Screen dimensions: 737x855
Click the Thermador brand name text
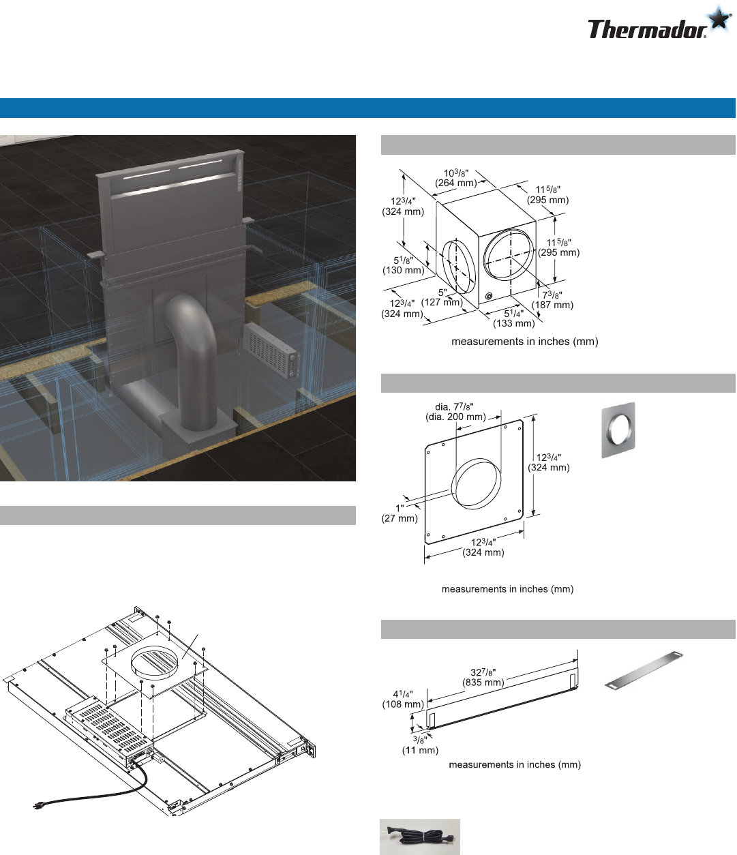pyautogui.click(x=647, y=29)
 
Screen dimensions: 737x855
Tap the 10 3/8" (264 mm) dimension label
pyautogui.click(x=455, y=178)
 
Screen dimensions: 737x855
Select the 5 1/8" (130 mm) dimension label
pyautogui.click(x=403, y=265)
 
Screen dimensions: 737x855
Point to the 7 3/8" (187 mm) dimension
pyautogui.click(x=552, y=300)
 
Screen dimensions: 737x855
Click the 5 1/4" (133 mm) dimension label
pyautogui.click(x=513, y=318)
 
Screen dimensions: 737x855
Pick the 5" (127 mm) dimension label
pyautogui.click(x=442, y=297)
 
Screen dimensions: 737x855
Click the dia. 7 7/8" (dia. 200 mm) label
pyautogui.click(x=455, y=412)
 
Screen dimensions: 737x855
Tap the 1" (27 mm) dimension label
pyautogui.click(x=400, y=513)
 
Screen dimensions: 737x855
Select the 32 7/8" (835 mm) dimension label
pyautogui.click(x=483, y=677)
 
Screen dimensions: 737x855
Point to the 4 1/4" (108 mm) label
pyautogui.click(x=403, y=699)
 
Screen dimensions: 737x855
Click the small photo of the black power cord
pyautogui.click(x=420, y=837)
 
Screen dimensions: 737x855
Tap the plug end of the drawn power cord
pyautogui.click(x=39, y=805)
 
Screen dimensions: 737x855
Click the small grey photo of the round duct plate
pyautogui.click(x=618, y=430)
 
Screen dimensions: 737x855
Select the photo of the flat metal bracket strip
pyautogui.click(x=644, y=671)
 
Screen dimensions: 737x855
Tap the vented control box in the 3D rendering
pyautogui.click(x=271, y=350)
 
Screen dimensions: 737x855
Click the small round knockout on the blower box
pyautogui.click(x=489, y=296)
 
